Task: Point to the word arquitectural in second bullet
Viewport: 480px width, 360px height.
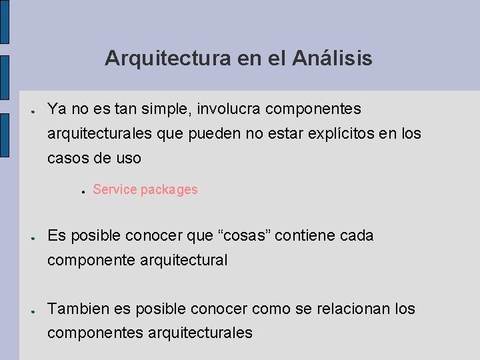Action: coord(184,260)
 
